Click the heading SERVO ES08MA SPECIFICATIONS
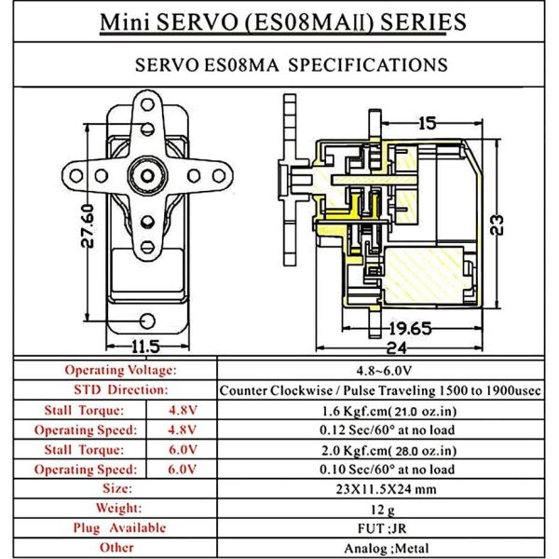(279, 65)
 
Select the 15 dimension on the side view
(427, 122)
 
